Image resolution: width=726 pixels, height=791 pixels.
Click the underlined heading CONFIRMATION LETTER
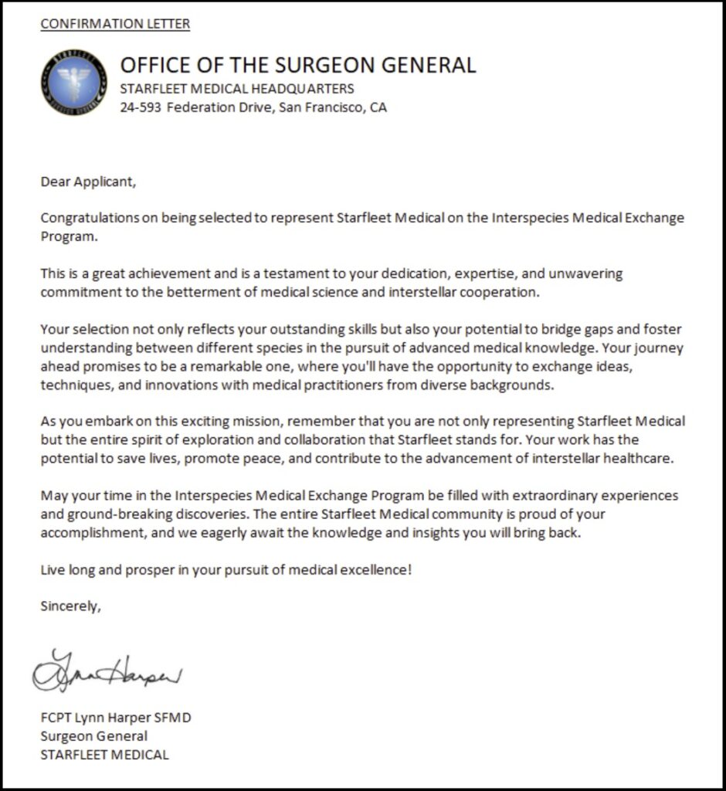115,24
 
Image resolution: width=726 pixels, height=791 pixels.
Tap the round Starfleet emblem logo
74,82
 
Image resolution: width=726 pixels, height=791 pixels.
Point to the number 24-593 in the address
141,107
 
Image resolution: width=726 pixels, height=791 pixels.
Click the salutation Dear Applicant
88,182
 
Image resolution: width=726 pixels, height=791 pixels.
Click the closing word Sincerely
70,606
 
